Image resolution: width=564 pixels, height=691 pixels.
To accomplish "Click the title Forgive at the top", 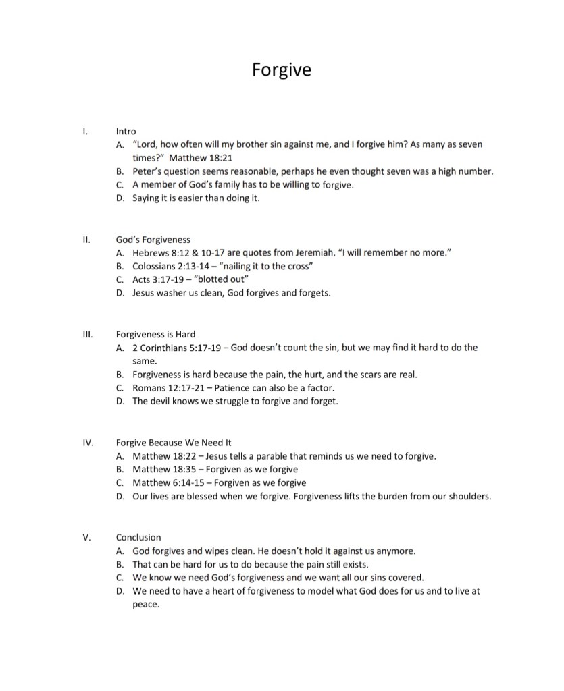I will (x=282, y=69).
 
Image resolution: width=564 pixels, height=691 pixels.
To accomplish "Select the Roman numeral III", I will (x=86, y=334).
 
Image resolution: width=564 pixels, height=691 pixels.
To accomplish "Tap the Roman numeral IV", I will (x=87, y=443).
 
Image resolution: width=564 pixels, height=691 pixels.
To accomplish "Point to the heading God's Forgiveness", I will (x=153, y=240).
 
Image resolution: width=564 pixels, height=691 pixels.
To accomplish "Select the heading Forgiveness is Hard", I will (x=155, y=334).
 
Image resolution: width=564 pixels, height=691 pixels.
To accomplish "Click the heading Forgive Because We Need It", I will (x=174, y=443).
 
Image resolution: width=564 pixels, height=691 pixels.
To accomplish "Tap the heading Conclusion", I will (x=138, y=537).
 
